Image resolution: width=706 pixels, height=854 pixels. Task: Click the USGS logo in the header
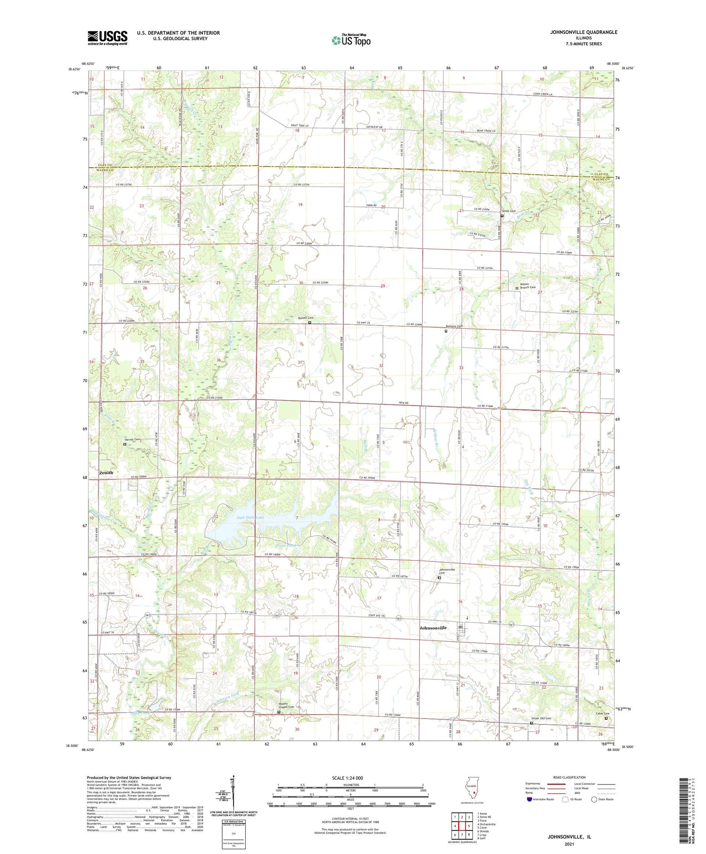coord(107,38)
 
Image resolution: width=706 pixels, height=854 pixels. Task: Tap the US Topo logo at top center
coord(351,40)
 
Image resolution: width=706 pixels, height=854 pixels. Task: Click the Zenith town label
coord(106,472)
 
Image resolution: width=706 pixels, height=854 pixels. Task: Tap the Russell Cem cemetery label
coord(305,318)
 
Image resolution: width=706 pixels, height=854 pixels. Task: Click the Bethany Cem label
coord(453,326)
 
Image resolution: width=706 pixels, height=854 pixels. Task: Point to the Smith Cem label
coord(509,211)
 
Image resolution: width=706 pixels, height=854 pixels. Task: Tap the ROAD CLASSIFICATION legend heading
coord(570,777)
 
